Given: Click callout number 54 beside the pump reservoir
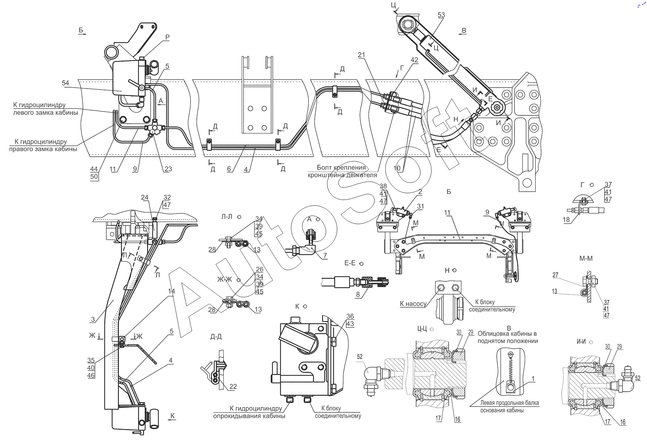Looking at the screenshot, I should pyautogui.click(x=65, y=83).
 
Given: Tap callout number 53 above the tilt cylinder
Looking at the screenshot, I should pyautogui.click(x=441, y=15).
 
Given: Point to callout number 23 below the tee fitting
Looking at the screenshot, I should pyautogui.click(x=168, y=169).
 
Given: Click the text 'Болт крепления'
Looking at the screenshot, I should pyautogui.click(x=341, y=168).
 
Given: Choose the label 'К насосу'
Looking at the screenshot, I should pyautogui.click(x=413, y=303).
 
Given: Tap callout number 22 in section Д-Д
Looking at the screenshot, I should pyautogui.click(x=233, y=387).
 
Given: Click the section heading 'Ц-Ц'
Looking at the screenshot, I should pyautogui.click(x=422, y=329).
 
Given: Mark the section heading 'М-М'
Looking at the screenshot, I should pyautogui.click(x=586, y=258).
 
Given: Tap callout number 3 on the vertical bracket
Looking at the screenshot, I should pyautogui.click(x=93, y=319).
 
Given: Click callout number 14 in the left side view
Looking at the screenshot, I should pyautogui.click(x=171, y=291).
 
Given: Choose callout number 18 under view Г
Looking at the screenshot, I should pyautogui.click(x=566, y=220).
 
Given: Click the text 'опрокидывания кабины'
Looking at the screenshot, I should pyautogui.click(x=249, y=416).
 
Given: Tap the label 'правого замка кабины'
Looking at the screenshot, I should pyautogui.click(x=43, y=149).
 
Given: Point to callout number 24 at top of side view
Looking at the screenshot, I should pyautogui.click(x=145, y=198).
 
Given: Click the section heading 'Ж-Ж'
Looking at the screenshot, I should pyautogui.click(x=224, y=280).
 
